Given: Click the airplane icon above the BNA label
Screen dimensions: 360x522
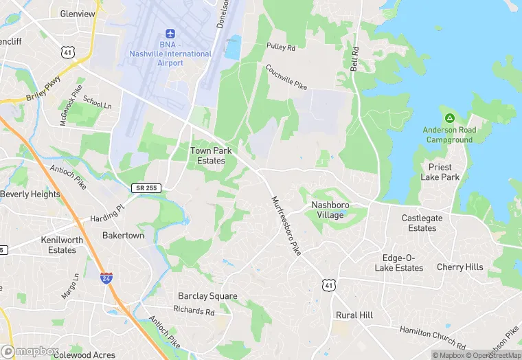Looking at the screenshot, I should click(171, 34).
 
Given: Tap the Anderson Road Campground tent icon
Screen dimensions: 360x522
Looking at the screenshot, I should click(449, 118).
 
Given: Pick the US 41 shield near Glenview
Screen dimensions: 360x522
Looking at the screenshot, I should click(67, 52).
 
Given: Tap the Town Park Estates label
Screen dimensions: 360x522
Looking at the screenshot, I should click(207, 155).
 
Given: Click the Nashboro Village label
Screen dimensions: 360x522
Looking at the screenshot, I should click(337, 210).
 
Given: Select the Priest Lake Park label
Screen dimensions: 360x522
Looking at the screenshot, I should click(440, 172).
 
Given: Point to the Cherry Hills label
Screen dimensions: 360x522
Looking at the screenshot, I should click(459, 267).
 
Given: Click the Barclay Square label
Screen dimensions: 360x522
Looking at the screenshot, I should click(207, 296).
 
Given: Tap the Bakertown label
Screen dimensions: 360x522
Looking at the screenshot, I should click(123, 236).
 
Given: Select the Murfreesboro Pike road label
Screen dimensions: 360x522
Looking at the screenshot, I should click(287, 226).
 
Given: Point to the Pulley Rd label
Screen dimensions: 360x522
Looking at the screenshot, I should click(281, 48).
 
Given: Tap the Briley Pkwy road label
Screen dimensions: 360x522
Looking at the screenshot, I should click(43, 90).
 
